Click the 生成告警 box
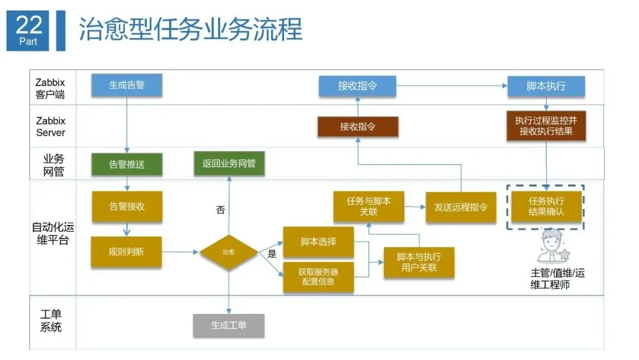[x=127, y=85]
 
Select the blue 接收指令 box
[x=357, y=86]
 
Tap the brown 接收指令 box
[x=357, y=127]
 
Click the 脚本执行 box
[x=546, y=86]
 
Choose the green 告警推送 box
[x=127, y=165]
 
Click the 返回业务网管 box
[x=229, y=163]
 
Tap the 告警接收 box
[x=127, y=207]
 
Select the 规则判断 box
[x=127, y=252]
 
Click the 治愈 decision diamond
[x=228, y=252]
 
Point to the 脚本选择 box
[x=318, y=242]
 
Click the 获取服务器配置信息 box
[x=318, y=277]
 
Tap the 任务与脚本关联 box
[x=369, y=207]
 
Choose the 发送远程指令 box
[x=461, y=207]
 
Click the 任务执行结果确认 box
[x=546, y=207]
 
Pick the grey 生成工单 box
[x=229, y=325]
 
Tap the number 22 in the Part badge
[x=28, y=25]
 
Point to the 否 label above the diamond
[x=220, y=210]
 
